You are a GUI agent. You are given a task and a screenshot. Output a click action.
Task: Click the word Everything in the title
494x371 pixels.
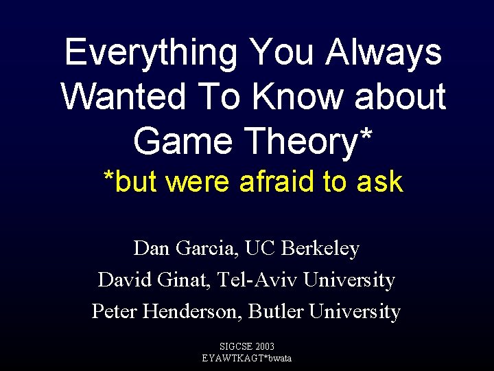[151, 53]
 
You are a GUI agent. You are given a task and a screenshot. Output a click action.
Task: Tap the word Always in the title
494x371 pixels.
[384, 53]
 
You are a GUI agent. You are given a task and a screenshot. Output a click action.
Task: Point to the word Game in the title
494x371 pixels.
[178, 141]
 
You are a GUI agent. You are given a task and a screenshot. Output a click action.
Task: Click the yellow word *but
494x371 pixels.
[130, 182]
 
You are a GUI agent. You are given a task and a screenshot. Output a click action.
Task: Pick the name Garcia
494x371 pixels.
[204, 249]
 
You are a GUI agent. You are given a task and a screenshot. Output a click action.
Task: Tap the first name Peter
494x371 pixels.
[115, 312]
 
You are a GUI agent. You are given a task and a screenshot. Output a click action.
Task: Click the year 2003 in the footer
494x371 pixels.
[263, 347]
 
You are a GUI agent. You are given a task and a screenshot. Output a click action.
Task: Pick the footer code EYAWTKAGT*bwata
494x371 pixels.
[247, 358]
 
